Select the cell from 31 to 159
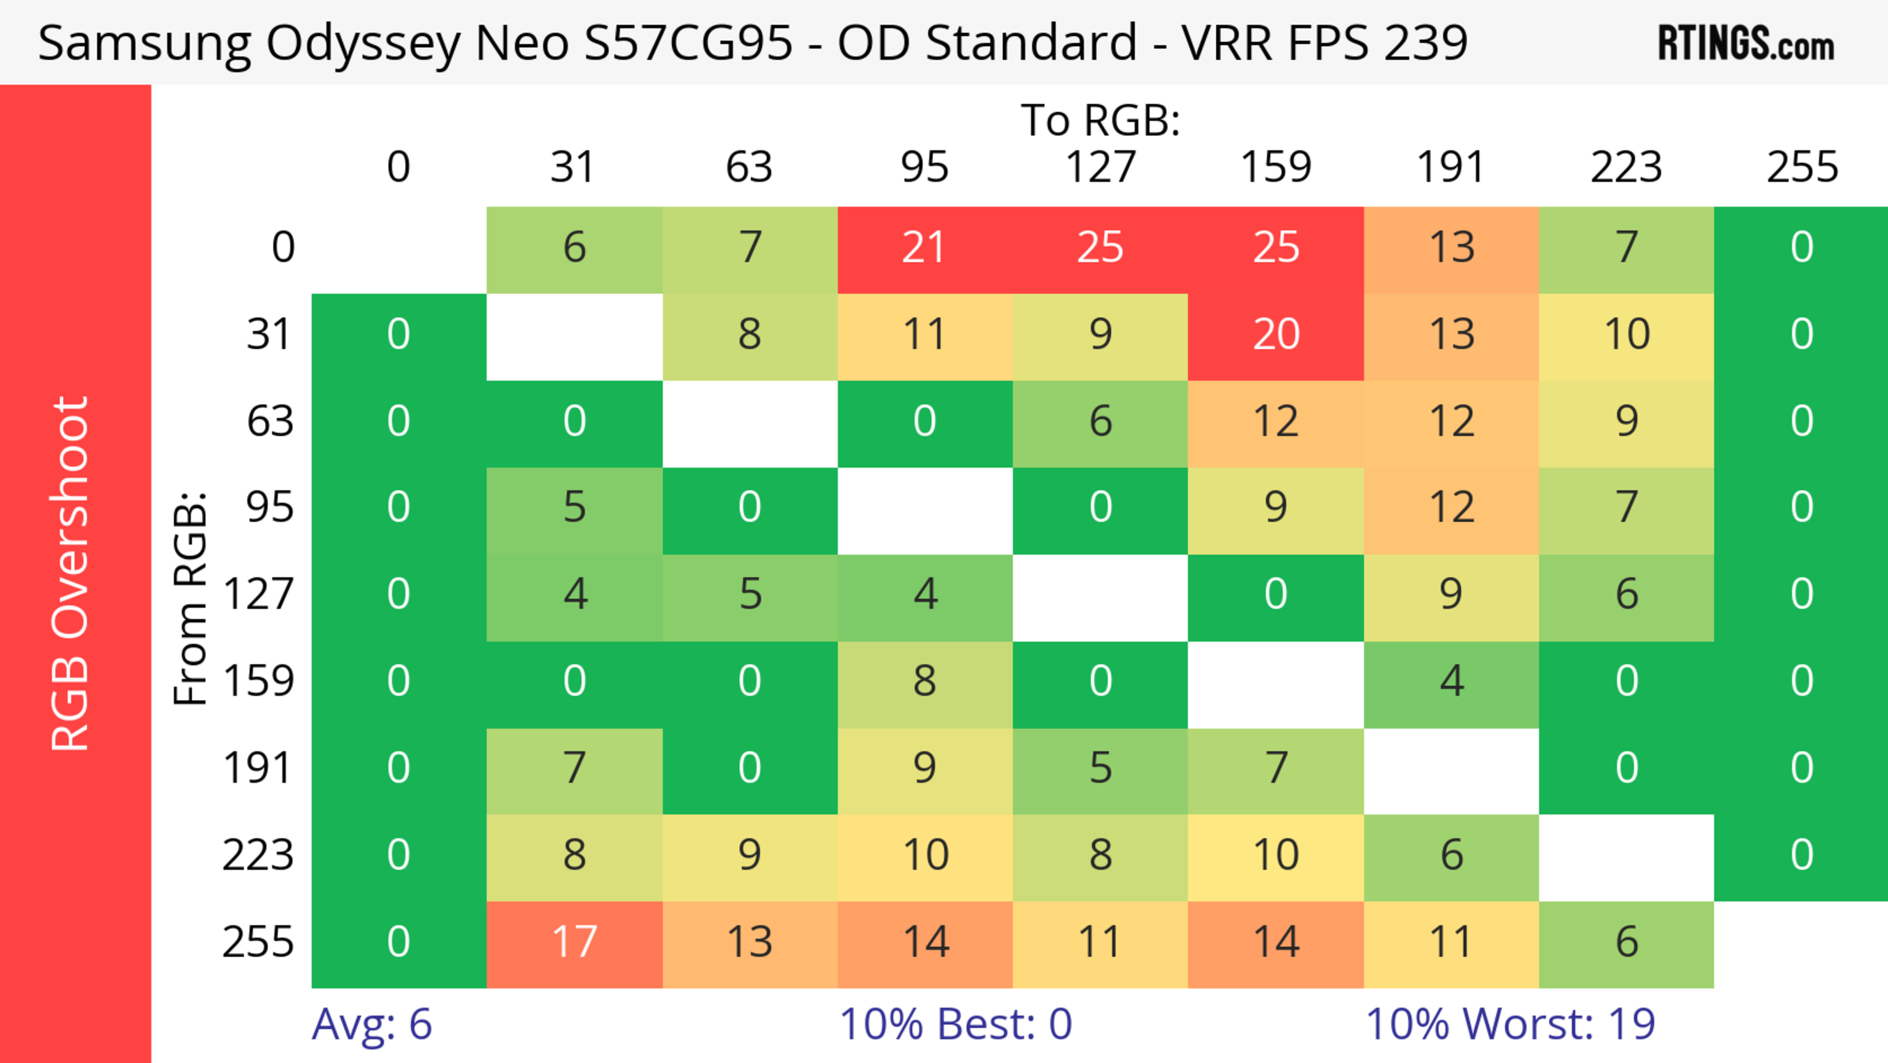coord(1275,335)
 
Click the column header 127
coord(1100,167)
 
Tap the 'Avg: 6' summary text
coord(372,1024)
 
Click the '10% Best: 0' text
coord(955,1024)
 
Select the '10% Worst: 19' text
coord(1510,1024)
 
